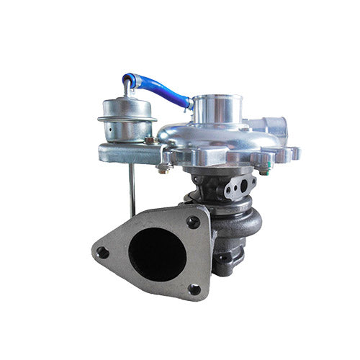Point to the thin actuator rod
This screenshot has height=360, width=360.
[131, 187]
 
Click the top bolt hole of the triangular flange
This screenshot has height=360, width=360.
[192, 222]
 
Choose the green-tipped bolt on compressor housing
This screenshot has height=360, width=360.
[266, 170]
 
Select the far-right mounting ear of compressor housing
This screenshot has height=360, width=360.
[294, 153]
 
